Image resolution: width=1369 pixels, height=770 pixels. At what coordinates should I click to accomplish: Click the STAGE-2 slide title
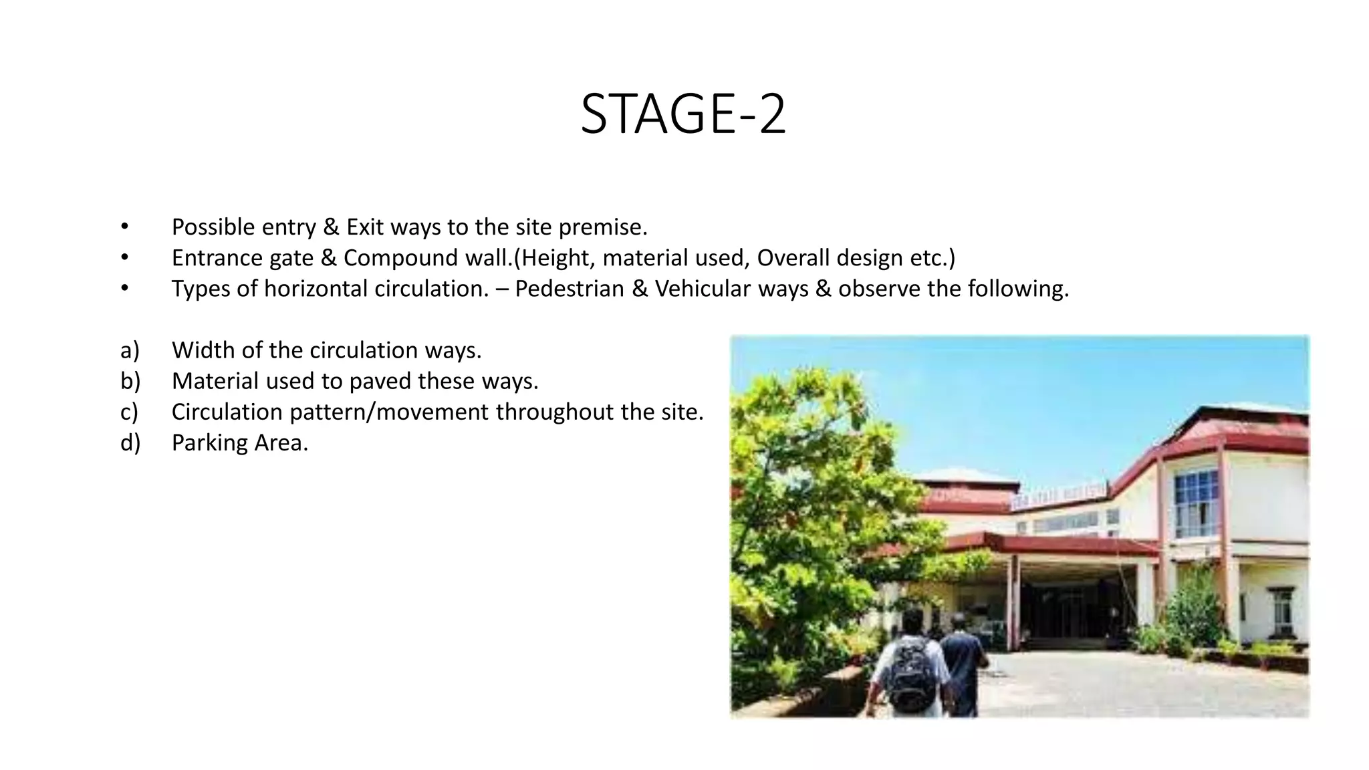[x=683, y=114]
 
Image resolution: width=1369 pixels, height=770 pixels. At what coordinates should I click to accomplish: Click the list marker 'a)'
[x=130, y=350]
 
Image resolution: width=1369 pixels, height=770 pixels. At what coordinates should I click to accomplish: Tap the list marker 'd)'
[x=130, y=442]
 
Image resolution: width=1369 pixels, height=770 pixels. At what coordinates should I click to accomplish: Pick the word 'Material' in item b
[x=215, y=381]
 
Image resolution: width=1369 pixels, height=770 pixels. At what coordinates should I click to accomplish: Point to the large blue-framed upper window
[x=1196, y=503]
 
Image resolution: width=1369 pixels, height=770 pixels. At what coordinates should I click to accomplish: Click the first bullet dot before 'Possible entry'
[x=124, y=227]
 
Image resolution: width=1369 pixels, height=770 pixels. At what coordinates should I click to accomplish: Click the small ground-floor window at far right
[x=1281, y=611]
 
